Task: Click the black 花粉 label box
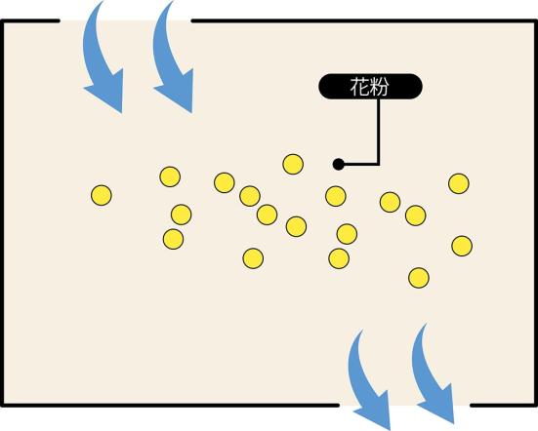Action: click(370, 87)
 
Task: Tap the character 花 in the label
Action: click(359, 87)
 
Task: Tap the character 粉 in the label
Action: click(379, 87)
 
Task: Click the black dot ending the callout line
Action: click(338, 165)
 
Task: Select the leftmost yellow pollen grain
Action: click(102, 195)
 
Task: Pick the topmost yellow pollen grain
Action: click(293, 164)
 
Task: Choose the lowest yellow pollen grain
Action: click(419, 278)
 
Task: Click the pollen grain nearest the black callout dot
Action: click(336, 196)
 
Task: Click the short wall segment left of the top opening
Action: click(30, 21)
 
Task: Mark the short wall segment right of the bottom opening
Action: click(504, 406)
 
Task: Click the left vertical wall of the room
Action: click(2, 214)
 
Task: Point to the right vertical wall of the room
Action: click(536, 214)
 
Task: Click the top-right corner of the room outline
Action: click(536, 21)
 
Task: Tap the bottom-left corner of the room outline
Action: click(2, 406)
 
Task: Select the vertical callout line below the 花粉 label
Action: click(379, 132)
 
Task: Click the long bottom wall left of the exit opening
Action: click(170, 406)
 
